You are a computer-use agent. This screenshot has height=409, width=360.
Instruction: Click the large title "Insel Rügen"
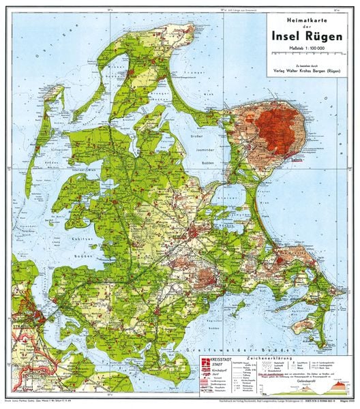(305, 35)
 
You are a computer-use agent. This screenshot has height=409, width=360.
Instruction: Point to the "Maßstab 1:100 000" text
(305, 46)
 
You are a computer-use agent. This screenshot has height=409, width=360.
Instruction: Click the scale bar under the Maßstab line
(305, 53)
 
